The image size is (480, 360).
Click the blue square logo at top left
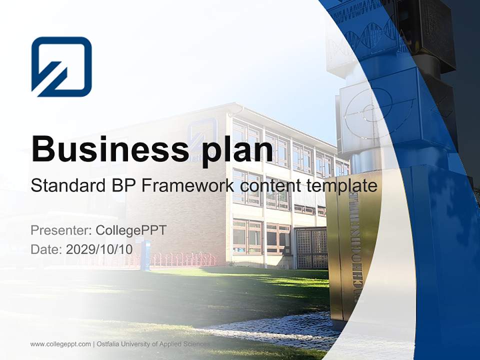tap(61, 66)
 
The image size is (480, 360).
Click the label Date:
tap(46, 249)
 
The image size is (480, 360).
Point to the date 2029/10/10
tap(99, 249)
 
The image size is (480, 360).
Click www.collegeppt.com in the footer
tap(60, 344)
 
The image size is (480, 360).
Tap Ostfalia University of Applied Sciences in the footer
tap(153, 344)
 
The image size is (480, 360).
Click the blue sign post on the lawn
tap(145, 255)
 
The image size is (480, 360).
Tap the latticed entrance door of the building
tap(311, 247)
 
